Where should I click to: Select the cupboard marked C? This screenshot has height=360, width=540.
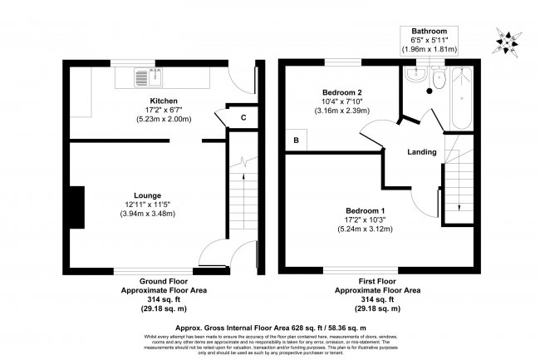pos(243,117)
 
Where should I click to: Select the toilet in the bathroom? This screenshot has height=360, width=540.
pos(439,80)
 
